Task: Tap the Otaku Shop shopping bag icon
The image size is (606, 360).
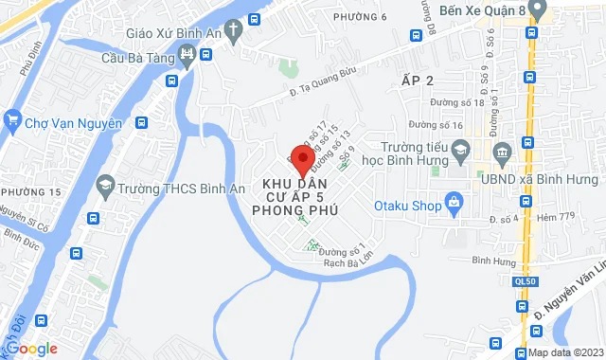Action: coord(454,202)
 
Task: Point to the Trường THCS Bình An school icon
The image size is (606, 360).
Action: coord(106,189)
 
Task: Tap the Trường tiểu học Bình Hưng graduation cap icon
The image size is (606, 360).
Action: coord(460,150)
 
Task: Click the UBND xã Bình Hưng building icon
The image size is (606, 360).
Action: coord(503,152)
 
